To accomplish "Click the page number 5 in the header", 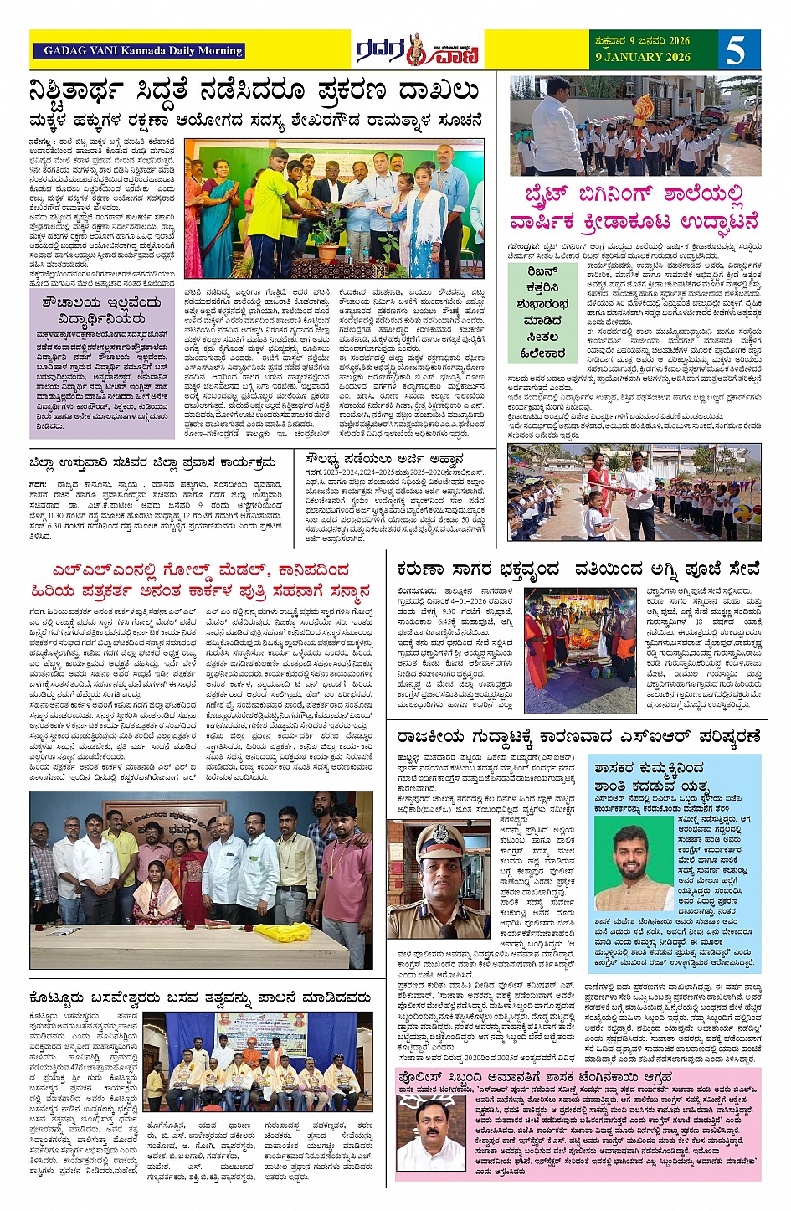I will click(736, 50).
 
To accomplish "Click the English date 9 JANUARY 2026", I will click(643, 57).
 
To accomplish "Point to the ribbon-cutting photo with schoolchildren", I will click(634, 492).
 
